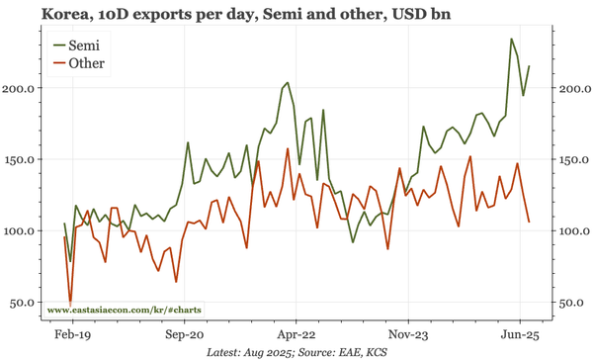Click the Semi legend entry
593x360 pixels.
pos(85,45)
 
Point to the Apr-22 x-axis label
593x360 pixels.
pos(294,335)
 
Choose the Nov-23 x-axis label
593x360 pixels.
pos(408,335)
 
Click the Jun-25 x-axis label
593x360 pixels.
pos(520,335)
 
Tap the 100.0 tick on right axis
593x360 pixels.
pos(572,230)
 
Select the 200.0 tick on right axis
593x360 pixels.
pos(572,88)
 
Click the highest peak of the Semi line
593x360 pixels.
pos(511,40)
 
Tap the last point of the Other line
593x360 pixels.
pos(529,222)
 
